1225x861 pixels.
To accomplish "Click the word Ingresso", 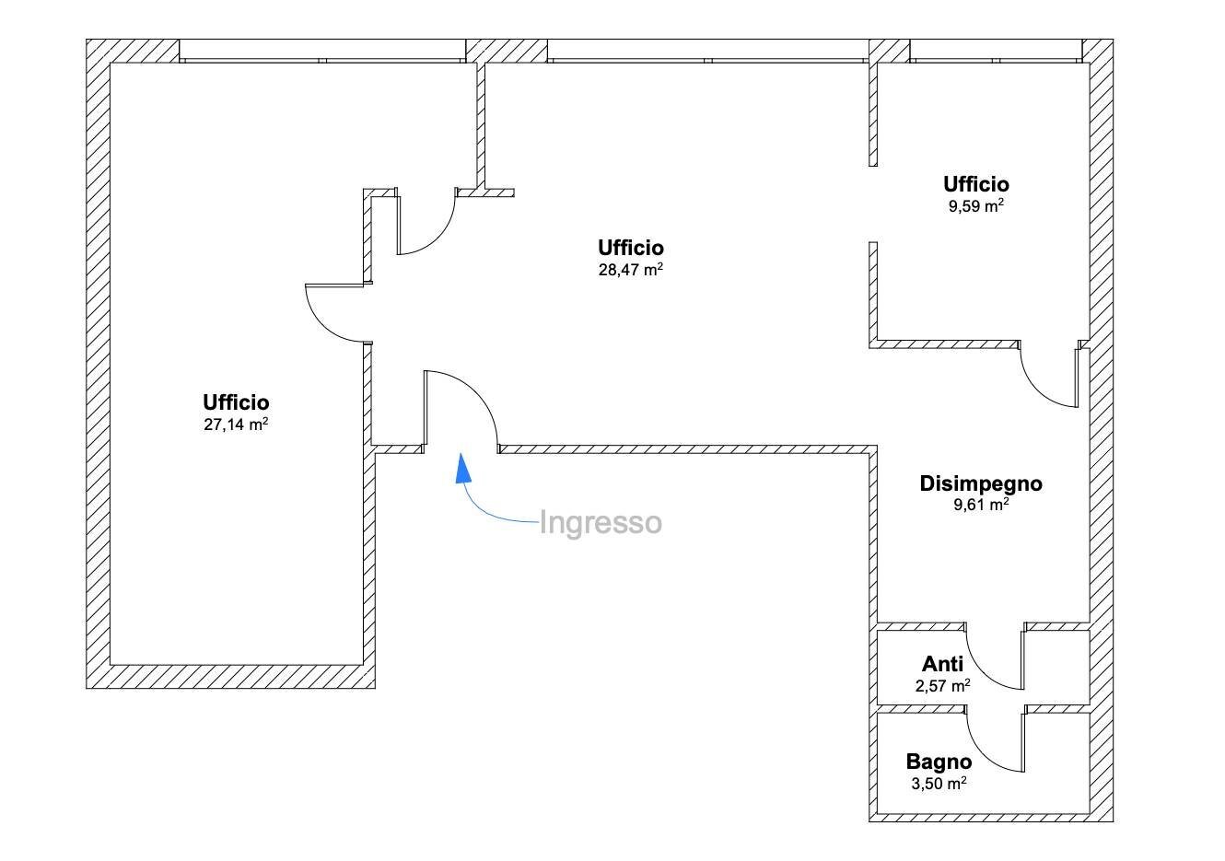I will pos(600,523).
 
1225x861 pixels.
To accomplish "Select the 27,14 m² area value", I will pos(236,425).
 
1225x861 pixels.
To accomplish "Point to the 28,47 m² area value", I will pos(631,270).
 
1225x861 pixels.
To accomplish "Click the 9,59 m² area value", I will pos(975,206).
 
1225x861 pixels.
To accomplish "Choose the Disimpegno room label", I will pos(981,483).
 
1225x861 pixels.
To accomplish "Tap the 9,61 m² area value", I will pos(981,505).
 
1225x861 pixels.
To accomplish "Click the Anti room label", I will pos(942,664).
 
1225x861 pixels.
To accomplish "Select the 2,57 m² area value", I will pos(942,686).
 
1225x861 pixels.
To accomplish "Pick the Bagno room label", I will pos(939,762).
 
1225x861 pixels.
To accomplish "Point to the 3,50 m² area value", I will pos(939,785).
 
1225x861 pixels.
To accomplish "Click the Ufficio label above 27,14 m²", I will pos(236,402).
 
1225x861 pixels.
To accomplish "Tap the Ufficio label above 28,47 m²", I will pos(631,248).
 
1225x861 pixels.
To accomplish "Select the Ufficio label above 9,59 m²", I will pos(975,184).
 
